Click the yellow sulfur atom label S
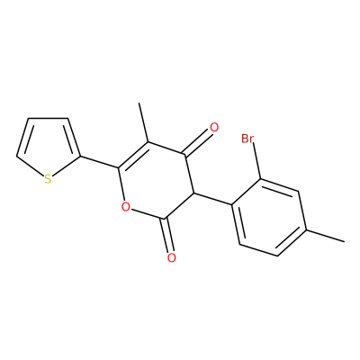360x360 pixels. tap(48, 179)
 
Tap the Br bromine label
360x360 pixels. tap(247, 139)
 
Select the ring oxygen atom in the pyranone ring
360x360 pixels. tap(126, 207)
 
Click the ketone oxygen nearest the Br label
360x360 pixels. tap(214, 128)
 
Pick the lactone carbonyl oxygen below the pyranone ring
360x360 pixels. tap(171, 257)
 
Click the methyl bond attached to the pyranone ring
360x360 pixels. tap(143, 122)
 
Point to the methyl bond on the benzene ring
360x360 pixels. tap(325, 236)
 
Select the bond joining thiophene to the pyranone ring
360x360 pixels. tap(99, 162)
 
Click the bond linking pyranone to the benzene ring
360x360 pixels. tap(213, 199)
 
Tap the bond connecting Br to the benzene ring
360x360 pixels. tap(257, 161)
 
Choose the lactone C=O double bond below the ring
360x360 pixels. tap(167, 235)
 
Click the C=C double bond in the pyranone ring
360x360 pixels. tap(133, 155)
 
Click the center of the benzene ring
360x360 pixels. tap(269, 218)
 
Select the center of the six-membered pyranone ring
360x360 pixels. tap(157, 180)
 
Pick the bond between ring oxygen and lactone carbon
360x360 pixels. tap(148, 213)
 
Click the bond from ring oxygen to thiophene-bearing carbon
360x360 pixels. tap(121, 184)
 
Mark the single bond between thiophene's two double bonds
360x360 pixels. tap(48, 118)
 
